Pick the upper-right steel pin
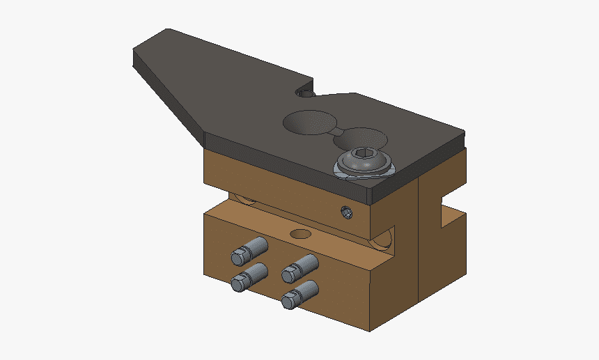tap(301, 267)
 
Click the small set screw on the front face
tap(345, 212)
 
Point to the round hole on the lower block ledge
tap(301, 233)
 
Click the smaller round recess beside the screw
tap(359, 138)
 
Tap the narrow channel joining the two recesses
tap(336, 130)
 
